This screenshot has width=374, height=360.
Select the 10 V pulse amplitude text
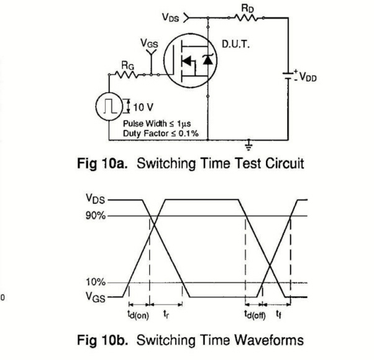tap(143, 106)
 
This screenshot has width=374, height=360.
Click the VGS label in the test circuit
tap(149, 45)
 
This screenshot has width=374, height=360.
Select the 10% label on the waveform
tap(96, 282)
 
